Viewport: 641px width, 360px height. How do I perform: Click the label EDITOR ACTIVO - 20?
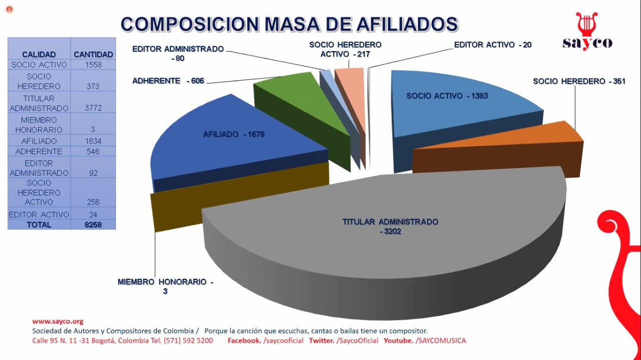(493, 45)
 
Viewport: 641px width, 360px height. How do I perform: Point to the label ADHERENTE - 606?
(168, 81)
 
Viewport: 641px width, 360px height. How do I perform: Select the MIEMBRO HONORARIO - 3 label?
(165, 286)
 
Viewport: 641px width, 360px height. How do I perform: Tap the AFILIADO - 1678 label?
(233, 134)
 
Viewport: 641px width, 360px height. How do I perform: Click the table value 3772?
(93, 108)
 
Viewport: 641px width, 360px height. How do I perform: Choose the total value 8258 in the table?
(93, 225)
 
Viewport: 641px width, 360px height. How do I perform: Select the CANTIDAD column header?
(93, 54)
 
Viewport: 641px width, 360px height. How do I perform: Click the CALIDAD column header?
(39, 54)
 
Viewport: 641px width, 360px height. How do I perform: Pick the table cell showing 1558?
(93, 65)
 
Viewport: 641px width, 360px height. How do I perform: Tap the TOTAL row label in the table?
(39, 225)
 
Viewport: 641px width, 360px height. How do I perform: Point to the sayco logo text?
(587, 43)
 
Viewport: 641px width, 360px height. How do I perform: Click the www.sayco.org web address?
(58, 321)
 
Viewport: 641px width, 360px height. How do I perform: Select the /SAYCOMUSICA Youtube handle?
(441, 340)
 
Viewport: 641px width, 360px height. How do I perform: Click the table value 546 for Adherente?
(93, 151)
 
